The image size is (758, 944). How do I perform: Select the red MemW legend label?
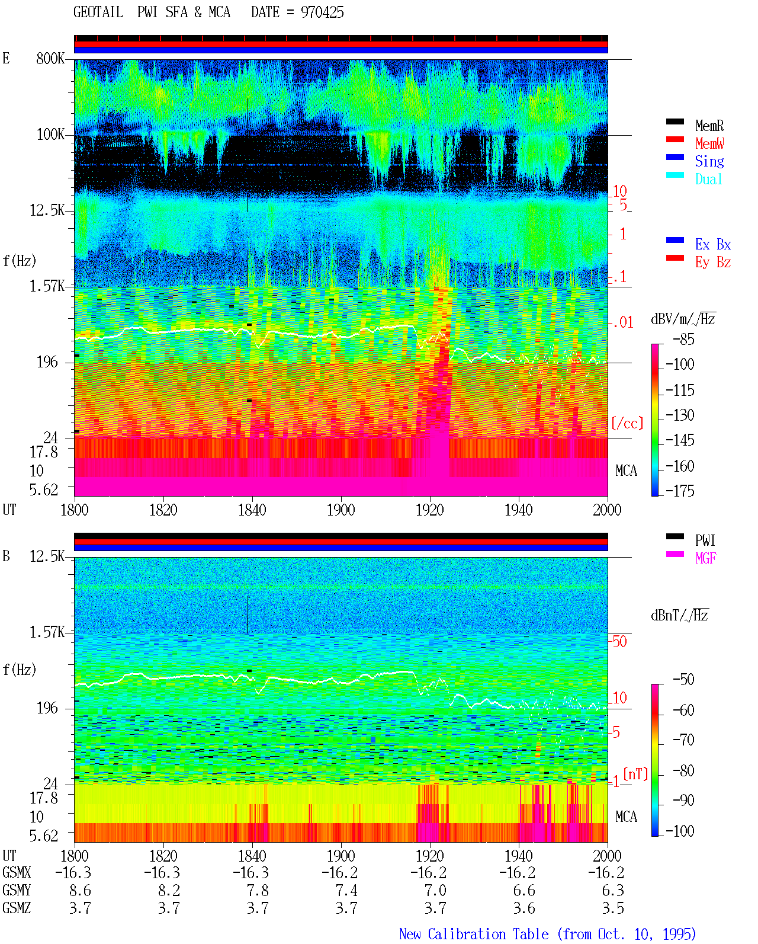[709, 143]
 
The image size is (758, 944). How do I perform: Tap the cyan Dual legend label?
[708, 179]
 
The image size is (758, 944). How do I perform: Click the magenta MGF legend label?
[705, 558]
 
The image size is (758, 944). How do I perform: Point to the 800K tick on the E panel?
[50, 58]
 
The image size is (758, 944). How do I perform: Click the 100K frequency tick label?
[50, 135]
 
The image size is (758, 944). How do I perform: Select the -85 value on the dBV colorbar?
[683, 339]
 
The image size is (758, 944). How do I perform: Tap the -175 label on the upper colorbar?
[680, 491]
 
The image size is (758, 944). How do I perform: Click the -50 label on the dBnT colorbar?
[683, 679]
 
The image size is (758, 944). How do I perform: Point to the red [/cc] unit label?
[627, 423]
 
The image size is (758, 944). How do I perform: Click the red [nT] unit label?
[635, 773]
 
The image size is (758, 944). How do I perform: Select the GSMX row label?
[17, 872]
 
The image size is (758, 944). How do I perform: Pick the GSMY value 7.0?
[435, 890]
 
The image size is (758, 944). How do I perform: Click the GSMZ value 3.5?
[613, 908]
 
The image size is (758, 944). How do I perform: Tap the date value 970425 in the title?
[322, 12]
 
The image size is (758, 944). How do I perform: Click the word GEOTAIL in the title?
[98, 12]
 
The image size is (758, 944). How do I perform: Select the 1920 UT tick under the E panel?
[430, 510]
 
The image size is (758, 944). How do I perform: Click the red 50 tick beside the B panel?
[619, 641]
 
